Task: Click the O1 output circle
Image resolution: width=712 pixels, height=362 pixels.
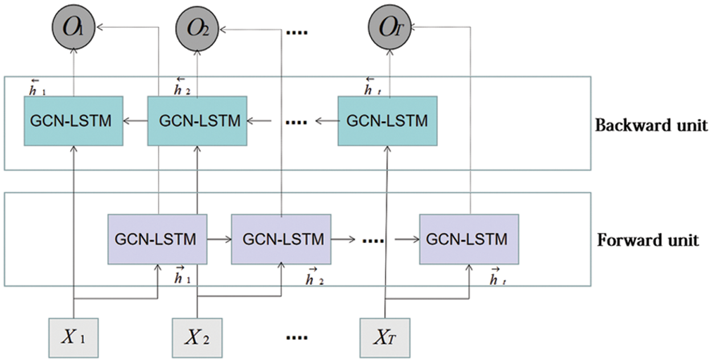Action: pos(73,27)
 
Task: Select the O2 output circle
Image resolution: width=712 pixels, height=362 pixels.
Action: pos(197,28)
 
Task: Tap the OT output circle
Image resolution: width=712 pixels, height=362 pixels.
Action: pos(390,27)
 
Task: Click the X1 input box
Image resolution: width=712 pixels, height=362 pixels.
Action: pos(73,338)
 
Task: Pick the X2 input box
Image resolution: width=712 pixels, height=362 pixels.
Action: pos(197,338)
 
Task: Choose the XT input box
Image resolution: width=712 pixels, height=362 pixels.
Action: pos(385,338)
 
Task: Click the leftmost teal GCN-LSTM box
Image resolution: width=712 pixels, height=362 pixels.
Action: pos(73,121)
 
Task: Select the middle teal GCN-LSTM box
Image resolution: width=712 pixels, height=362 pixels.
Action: pos(197,121)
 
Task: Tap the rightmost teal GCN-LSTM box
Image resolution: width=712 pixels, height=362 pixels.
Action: pos(387,121)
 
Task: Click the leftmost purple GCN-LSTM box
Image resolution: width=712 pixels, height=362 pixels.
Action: pos(157,239)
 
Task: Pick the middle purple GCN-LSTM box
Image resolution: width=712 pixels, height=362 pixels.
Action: pos(281,239)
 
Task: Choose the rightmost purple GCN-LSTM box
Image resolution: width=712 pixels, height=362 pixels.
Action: pos(469,239)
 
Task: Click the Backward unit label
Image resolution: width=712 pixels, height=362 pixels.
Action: pos(651,125)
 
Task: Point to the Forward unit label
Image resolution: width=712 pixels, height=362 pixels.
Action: pos(648,240)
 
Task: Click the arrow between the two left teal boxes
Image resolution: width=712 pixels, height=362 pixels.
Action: pos(136,121)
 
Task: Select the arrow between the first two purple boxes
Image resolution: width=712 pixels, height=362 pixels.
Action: pos(219,239)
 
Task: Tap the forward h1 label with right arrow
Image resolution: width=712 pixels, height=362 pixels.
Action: pos(182,275)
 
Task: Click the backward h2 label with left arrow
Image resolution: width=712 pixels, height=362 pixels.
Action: pos(182,87)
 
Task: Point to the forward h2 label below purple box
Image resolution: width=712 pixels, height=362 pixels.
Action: pos(314,277)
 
